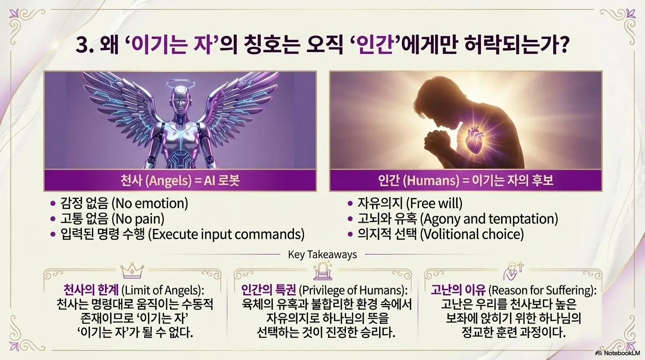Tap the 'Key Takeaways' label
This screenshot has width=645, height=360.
322,255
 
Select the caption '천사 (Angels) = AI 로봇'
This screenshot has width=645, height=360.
180,180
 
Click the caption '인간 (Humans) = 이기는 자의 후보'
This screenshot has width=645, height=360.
465,180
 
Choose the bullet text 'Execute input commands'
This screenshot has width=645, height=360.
226,233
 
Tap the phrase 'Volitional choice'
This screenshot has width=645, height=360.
472,233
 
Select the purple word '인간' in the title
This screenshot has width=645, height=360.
379,47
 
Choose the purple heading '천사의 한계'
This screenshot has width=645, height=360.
86,289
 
